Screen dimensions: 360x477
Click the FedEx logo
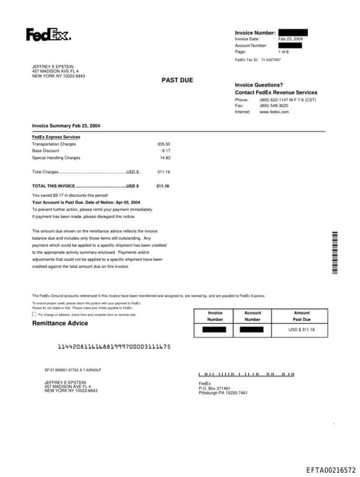coord(49,34)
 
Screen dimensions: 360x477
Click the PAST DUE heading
coord(177,80)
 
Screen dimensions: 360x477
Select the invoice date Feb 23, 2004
coord(290,39)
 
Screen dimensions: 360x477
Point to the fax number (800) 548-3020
coord(274,106)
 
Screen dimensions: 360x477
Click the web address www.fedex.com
coord(274,112)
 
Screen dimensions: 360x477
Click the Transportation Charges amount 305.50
coord(163,144)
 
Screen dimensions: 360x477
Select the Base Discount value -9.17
coord(165,151)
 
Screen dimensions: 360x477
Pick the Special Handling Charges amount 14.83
coord(165,158)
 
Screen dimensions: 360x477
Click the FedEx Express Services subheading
coord(56,136)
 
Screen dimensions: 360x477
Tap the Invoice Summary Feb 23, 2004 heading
coord(66,125)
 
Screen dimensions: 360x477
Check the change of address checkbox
coord(34,314)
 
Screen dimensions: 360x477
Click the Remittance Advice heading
coord(60,324)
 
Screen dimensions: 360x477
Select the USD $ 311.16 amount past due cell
coord(302,329)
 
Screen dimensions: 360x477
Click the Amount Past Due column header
coord(302,316)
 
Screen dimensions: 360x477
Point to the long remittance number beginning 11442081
coord(113,347)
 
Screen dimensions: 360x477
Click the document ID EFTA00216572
coord(330,469)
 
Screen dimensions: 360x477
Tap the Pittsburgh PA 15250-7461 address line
coord(223,393)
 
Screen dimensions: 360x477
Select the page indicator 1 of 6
coord(283,52)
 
